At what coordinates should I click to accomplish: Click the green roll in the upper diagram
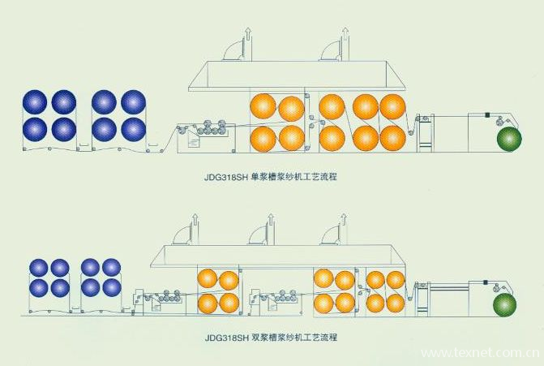[x=509, y=139]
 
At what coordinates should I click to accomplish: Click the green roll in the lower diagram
[x=505, y=304]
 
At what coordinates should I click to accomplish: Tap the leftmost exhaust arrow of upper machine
[x=248, y=34]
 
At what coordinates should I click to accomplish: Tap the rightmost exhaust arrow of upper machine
[x=345, y=34]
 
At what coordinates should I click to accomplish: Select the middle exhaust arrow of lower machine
[x=271, y=220]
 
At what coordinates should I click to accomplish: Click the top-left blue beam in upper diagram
[x=35, y=101]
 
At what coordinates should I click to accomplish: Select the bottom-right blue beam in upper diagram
[x=133, y=129]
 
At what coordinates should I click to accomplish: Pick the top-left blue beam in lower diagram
[x=39, y=268]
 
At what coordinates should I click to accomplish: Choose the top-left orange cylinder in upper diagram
[x=263, y=106]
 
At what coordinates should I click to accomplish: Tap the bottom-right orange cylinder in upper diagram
[x=392, y=137]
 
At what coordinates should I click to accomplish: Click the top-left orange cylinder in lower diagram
[x=207, y=279]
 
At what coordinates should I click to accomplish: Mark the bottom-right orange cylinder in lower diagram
[x=396, y=303]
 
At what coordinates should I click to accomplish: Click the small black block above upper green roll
[x=487, y=114]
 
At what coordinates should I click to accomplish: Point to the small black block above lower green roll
[x=485, y=282]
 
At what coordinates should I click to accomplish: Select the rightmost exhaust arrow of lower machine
[x=344, y=220]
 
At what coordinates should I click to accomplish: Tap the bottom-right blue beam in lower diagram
[x=112, y=288]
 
